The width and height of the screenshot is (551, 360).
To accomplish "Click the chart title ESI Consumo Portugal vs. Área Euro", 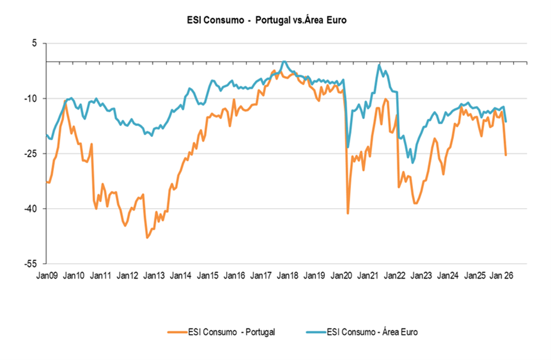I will click(x=267, y=20).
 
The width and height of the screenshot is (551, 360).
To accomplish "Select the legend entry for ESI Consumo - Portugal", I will click(x=223, y=331).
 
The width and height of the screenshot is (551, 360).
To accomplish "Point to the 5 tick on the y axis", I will click(x=34, y=43).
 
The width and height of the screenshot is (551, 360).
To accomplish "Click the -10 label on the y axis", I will click(x=31, y=98).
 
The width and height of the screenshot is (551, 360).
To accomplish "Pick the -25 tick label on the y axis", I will click(x=31, y=154).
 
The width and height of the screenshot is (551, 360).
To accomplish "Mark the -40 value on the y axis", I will click(x=31, y=209).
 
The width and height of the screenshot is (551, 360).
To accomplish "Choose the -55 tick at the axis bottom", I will click(x=31, y=264).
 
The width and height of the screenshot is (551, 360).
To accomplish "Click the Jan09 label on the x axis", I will click(x=47, y=276).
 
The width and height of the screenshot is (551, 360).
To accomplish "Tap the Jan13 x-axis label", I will click(x=154, y=276).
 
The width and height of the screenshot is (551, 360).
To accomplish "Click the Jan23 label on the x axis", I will click(x=421, y=276).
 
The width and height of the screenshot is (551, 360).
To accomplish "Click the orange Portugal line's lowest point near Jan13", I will click(x=146, y=238).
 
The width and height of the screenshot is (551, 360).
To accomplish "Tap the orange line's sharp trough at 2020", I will click(x=348, y=213).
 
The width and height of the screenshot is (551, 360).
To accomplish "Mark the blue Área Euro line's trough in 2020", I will click(x=348, y=147).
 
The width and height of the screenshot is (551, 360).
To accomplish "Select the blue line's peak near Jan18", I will click(x=285, y=62).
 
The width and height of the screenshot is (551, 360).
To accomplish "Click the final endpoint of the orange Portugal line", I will click(x=506, y=155).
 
